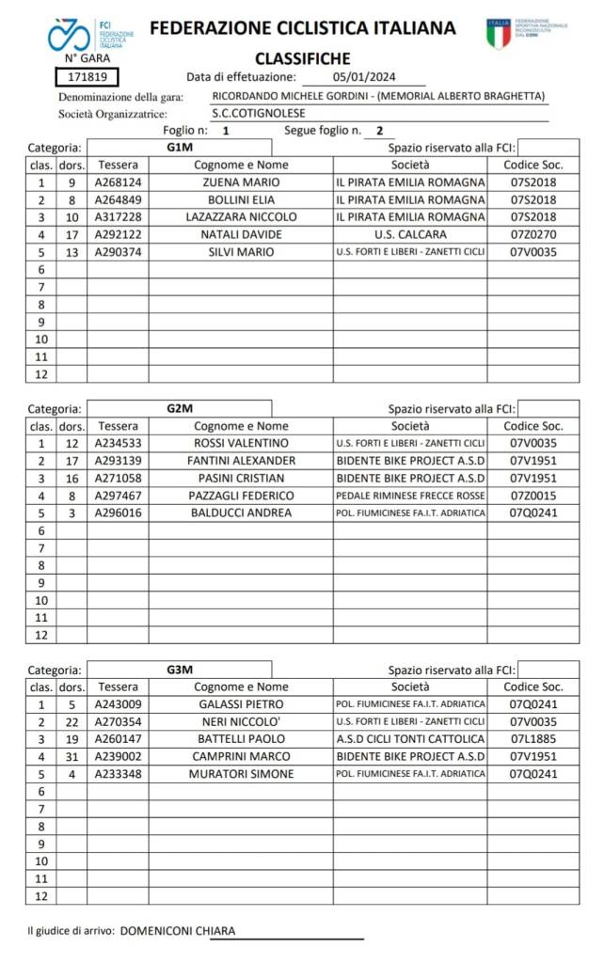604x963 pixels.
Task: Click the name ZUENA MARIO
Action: coord(241,182)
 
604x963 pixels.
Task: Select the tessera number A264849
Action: coord(118,199)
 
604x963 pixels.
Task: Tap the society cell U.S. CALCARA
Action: coord(409,234)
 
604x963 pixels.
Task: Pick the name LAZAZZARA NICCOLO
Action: coord(241,217)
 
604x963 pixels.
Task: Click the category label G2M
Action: coord(179,408)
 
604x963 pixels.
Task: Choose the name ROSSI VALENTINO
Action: coord(241,443)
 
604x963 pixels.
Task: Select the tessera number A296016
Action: coord(118,513)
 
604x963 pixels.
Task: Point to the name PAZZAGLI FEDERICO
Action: coord(241,496)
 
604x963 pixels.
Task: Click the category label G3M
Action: coord(179,670)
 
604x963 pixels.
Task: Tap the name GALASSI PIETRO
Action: coord(241,704)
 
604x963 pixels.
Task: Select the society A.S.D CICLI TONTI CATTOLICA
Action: coord(409,739)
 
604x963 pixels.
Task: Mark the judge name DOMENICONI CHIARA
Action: coord(178,931)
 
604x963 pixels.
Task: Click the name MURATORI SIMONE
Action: coord(241,774)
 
